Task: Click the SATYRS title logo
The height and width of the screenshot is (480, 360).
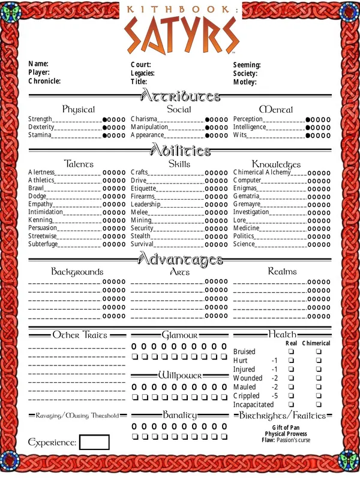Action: (180, 34)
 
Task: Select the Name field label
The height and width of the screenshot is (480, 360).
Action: (38, 64)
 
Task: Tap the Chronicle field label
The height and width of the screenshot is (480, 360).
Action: (44, 81)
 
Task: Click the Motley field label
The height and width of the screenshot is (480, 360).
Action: (245, 82)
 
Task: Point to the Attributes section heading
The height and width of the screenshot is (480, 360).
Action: (180, 96)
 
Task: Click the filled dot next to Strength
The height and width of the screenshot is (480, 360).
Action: (106, 119)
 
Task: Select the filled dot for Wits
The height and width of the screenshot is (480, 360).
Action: (308, 136)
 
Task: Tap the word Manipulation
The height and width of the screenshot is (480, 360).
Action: (149, 127)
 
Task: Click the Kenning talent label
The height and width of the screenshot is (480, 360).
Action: (40, 220)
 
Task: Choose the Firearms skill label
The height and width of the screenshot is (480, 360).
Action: (143, 196)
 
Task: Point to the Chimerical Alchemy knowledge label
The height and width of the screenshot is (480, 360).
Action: (262, 172)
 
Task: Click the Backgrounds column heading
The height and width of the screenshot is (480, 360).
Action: (77, 272)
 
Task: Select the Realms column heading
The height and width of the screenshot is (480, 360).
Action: (282, 271)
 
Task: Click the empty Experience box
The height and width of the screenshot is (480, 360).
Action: (94, 442)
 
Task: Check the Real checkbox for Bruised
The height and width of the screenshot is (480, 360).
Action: (292, 352)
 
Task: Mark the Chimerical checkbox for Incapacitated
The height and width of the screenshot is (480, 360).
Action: (319, 405)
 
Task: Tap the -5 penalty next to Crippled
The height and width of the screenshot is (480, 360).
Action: (274, 396)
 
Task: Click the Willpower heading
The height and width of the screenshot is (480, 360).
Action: (180, 375)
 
